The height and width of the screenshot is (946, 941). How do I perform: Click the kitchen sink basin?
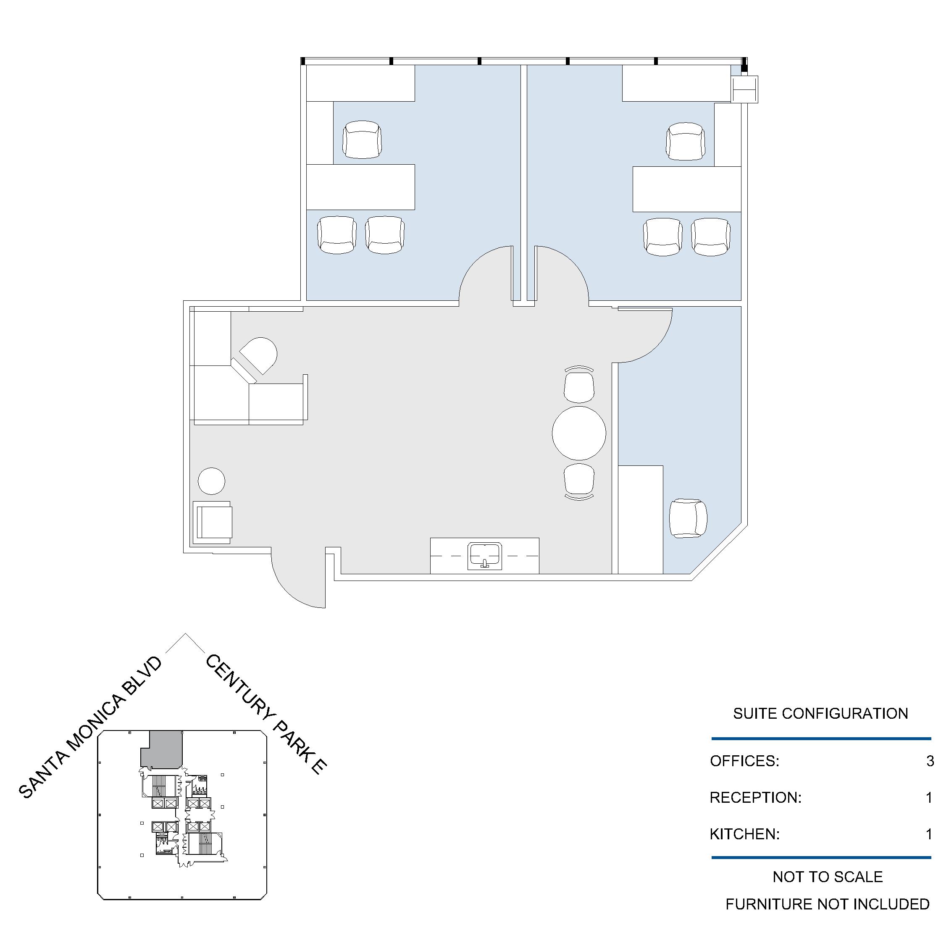point(485,556)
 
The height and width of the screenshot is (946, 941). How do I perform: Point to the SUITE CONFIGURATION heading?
point(820,713)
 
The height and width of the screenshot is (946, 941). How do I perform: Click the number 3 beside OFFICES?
point(930,761)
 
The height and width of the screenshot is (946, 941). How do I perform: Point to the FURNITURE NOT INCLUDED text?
point(828,904)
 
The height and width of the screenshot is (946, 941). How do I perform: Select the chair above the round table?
point(579,385)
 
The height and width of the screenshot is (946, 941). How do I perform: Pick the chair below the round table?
point(579,482)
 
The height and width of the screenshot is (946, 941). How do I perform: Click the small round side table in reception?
point(211,481)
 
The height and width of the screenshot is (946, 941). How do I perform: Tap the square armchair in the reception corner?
point(213,523)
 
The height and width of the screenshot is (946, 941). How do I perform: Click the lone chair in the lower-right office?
point(688,518)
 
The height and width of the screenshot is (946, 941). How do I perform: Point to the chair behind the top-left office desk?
point(362,139)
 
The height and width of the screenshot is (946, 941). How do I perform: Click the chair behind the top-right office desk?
point(686,141)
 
